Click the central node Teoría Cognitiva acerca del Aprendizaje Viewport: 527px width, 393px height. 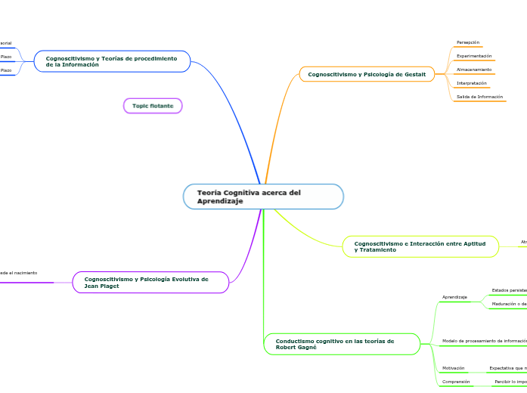(x=263, y=196)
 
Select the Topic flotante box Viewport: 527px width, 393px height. (x=153, y=106)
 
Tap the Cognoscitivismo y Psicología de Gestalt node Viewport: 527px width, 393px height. (x=367, y=74)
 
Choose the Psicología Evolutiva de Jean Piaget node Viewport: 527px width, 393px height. (x=150, y=282)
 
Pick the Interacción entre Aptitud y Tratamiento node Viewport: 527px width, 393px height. (x=420, y=246)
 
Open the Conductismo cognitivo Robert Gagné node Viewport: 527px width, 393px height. (x=341, y=344)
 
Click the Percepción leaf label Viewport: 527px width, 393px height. (x=468, y=42)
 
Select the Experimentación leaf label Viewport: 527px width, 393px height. (x=474, y=56)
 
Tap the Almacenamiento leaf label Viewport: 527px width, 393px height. (x=474, y=70)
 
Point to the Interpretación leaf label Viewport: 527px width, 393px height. (x=472, y=83)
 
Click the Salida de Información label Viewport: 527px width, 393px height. (x=479, y=97)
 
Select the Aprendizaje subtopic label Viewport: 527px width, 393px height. (x=454, y=297)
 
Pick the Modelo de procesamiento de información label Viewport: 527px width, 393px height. (x=484, y=341)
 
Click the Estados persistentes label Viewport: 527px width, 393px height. (x=509, y=289)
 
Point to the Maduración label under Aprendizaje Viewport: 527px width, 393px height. (x=509, y=304)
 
